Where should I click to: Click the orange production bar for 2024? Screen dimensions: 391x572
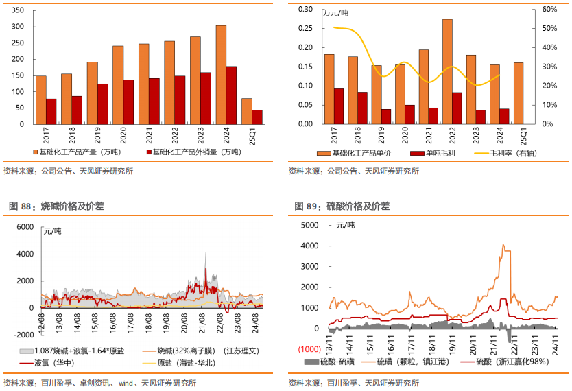click(x=221, y=75)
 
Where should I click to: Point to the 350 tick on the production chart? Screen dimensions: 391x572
click(x=19, y=11)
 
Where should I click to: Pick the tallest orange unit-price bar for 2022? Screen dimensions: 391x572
click(x=447, y=71)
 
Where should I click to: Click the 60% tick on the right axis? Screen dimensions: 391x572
click(x=548, y=10)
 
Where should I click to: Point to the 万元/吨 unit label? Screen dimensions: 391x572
click(x=336, y=14)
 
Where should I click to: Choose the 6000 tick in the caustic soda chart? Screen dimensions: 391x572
click(x=25, y=226)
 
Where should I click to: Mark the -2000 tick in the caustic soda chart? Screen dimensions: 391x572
click(x=22, y=334)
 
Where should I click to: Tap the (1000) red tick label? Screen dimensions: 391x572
click(x=308, y=349)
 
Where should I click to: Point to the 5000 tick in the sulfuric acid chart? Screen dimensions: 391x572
click(x=309, y=225)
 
